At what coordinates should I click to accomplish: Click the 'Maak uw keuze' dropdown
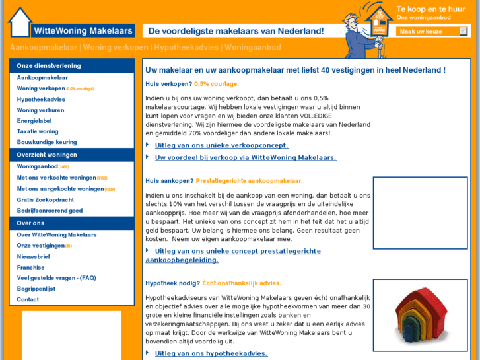[433, 31]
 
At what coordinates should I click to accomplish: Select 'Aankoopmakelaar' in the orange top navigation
[44, 48]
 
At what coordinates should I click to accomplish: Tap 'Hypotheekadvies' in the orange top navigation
[187, 48]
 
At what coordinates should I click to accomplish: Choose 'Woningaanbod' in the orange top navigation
[253, 48]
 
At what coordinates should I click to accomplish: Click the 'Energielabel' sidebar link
[34, 121]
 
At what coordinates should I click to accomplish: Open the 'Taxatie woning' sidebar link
[38, 131]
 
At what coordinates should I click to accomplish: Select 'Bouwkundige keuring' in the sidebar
[47, 142]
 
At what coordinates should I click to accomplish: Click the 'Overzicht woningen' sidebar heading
[47, 155]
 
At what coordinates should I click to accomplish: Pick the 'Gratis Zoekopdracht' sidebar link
[46, 199]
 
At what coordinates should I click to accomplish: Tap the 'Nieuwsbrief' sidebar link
[33, 256]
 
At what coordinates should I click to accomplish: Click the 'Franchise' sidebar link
[31, 267]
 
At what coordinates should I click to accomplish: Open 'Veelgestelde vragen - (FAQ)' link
[57, 278]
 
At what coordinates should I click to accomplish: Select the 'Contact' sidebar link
[28, 299]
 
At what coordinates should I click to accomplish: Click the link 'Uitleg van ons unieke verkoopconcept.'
[221, 145]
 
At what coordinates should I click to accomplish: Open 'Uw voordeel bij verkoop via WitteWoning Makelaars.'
[246, 157]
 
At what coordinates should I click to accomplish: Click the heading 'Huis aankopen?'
[170, 180]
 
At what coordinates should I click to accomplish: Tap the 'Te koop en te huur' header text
[430, 9]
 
